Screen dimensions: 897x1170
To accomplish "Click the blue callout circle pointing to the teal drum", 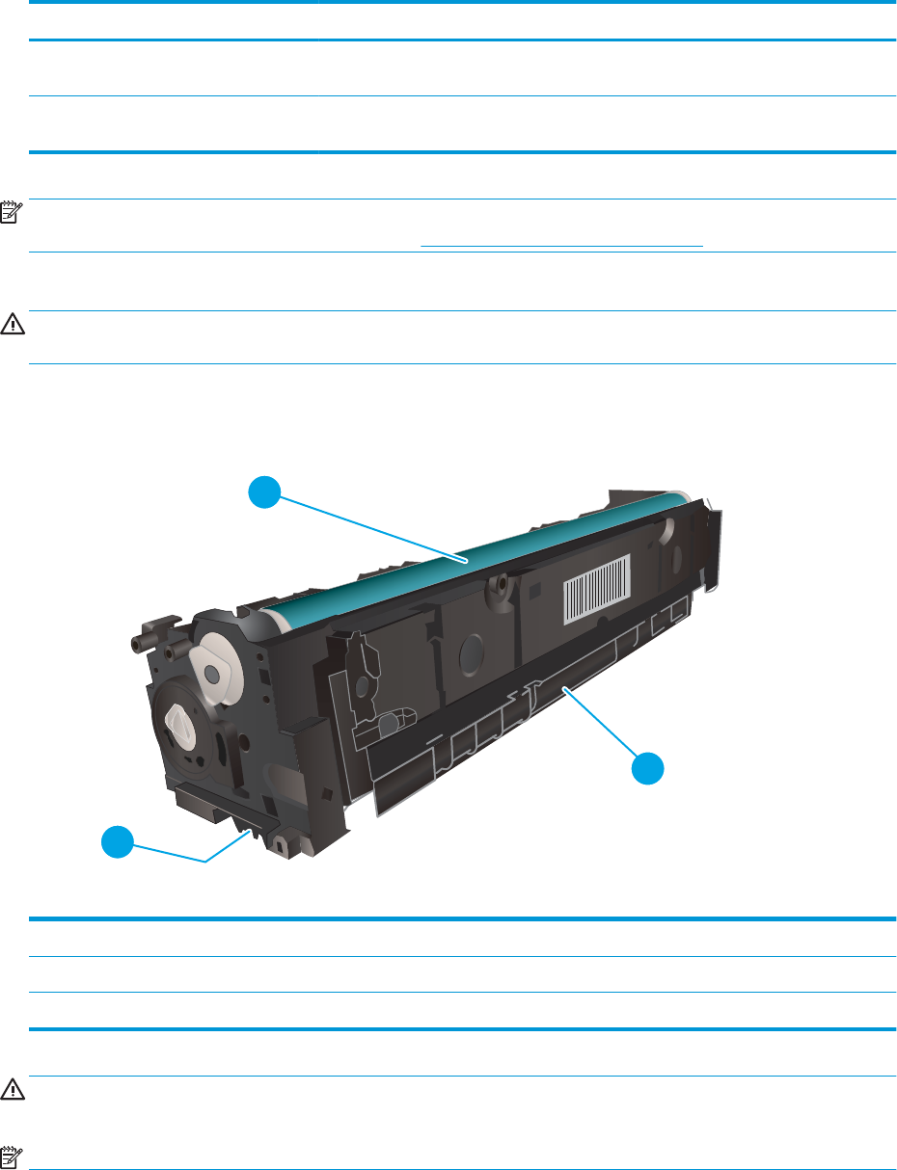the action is pos(264,493).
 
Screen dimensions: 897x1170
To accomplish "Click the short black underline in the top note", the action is pos(562,245).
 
